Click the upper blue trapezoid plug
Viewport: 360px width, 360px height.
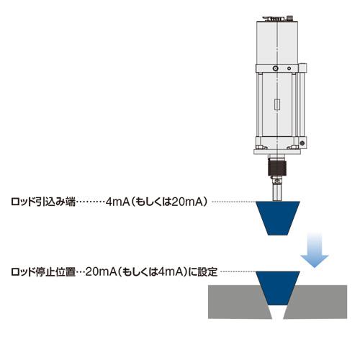(278, 218)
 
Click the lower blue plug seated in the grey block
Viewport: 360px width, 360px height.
(278, 288)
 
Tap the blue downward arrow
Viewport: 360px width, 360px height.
(315, 250)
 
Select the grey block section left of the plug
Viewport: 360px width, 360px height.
(238, 302)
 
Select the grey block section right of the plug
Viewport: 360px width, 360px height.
(318, 302)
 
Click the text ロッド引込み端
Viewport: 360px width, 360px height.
(43, 202)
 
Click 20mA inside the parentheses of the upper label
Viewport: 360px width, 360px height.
(183, 202)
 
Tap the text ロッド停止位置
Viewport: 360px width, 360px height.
(43, 272)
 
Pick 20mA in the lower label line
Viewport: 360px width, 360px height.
(101, 272)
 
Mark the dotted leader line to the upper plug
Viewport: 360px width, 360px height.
(234, 202)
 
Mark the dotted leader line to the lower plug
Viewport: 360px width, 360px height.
(238, 271)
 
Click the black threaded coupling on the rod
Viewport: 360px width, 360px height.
(277, 167)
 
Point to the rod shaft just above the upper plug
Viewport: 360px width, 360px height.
(277, 193)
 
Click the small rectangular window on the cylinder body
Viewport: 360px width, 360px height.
(277, 104)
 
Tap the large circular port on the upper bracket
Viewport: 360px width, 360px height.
(276, 68)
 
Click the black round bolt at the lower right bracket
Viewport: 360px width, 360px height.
(302, 143)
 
